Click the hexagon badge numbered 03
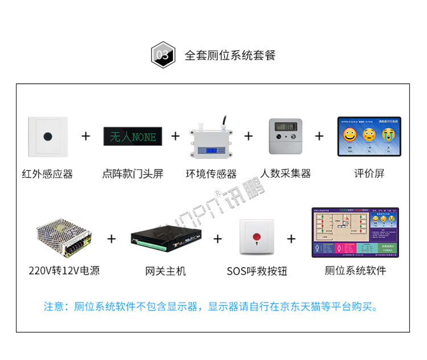click(x=162, y=55)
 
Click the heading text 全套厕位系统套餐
click(x=229, y=55)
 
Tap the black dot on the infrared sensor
click(x=48, y=137)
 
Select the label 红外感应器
click(x=47, y=174)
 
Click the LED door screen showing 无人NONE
click(x=133, y=136)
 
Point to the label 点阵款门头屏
click(x=133, y=174)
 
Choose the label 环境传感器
click(x=211, y=174)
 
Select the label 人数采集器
click(x=286, y=174)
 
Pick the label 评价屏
click(x=368, y=174)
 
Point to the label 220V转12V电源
click(x=64, y=271)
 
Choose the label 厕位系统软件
click(x=355, y=271)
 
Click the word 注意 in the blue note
click(x=55, y=306)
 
